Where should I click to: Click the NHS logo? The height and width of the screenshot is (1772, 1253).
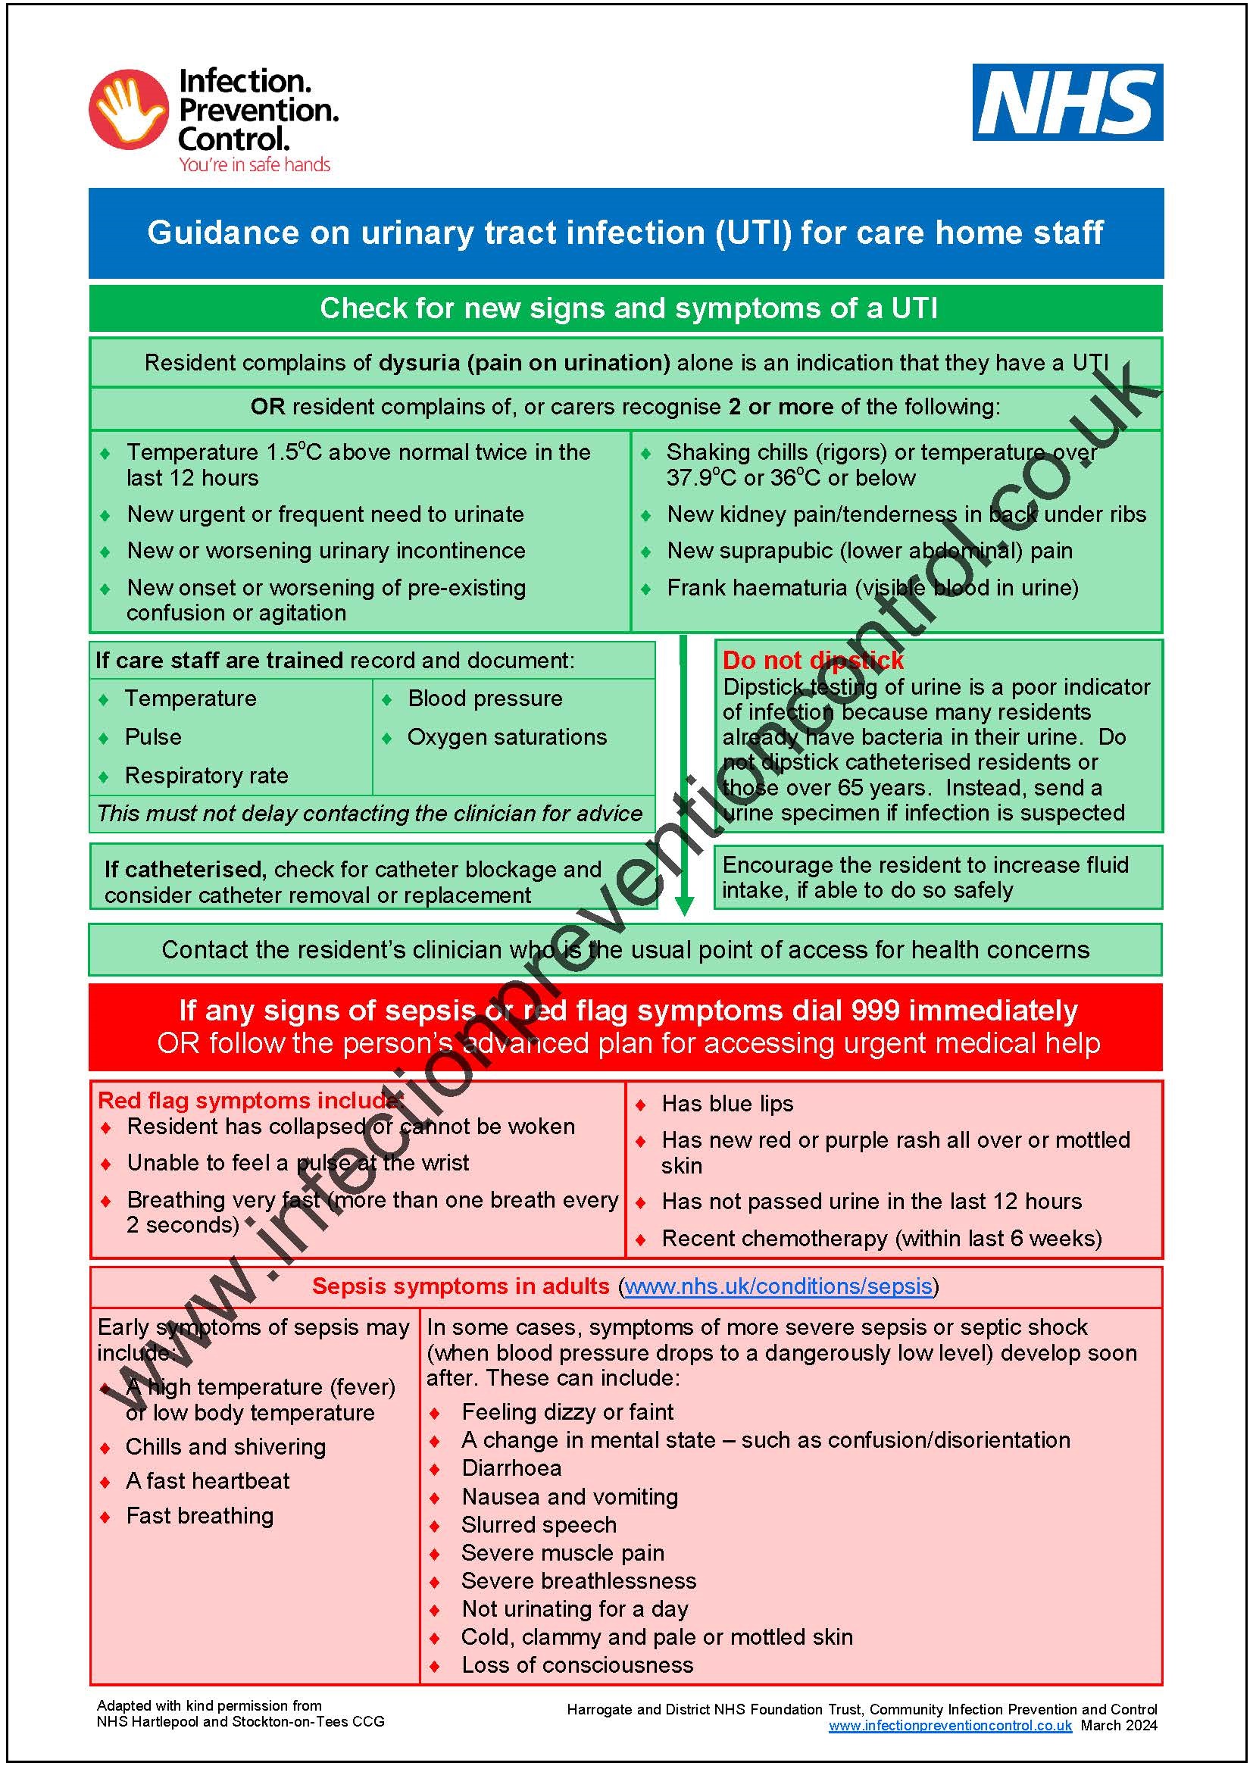click(1067, 102)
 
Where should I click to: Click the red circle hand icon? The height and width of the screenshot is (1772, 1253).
click(127, 108)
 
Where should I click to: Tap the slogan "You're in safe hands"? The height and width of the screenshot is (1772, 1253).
click(254, 164)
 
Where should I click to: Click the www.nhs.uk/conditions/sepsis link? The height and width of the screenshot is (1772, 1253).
click(778, 1286)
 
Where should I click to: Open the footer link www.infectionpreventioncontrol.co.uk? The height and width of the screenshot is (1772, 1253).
click(950, 1726)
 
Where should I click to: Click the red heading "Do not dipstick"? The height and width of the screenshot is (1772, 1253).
click(812, 660)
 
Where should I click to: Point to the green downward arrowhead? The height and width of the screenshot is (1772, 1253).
click(683, 905)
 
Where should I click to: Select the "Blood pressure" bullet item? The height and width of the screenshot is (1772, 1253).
click(485, 698)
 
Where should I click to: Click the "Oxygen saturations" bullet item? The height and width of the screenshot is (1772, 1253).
click(507, 736)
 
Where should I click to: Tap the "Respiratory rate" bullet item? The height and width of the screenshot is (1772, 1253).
click(206, 775)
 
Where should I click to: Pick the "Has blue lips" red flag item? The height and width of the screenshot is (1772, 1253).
click(726, 1104)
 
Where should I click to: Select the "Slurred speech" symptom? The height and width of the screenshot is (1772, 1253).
click(539, 1524)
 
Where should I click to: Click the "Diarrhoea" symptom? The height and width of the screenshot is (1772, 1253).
click(511, 1467)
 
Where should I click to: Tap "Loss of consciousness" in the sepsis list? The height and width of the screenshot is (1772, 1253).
click(577, 1664)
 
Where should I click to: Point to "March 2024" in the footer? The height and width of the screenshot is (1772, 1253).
click(1119, 1726)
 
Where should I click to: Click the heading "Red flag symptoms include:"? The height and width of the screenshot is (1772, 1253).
click(248, 1100)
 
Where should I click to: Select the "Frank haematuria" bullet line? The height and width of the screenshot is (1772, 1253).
click(872, 587)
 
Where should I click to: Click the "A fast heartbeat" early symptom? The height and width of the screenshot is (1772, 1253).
click(208, 1480)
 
